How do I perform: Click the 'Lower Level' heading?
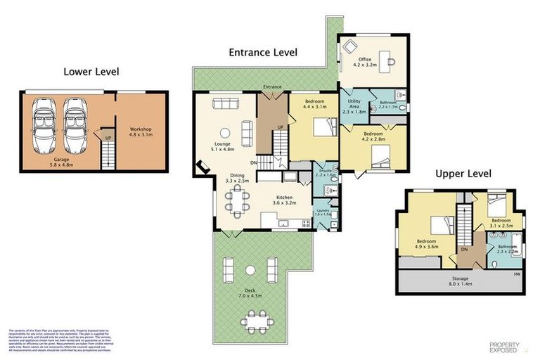click(91, 71)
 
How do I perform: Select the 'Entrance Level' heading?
click(263, 52)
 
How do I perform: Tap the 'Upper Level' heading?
click(463, 173)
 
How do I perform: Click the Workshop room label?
click(141, 132)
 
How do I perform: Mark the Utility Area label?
click(354, 106)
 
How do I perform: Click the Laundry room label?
click(323, 212)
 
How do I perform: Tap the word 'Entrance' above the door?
click(272, 87)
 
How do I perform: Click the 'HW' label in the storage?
click(517, 274)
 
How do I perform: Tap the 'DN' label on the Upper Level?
click(465, 249)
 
